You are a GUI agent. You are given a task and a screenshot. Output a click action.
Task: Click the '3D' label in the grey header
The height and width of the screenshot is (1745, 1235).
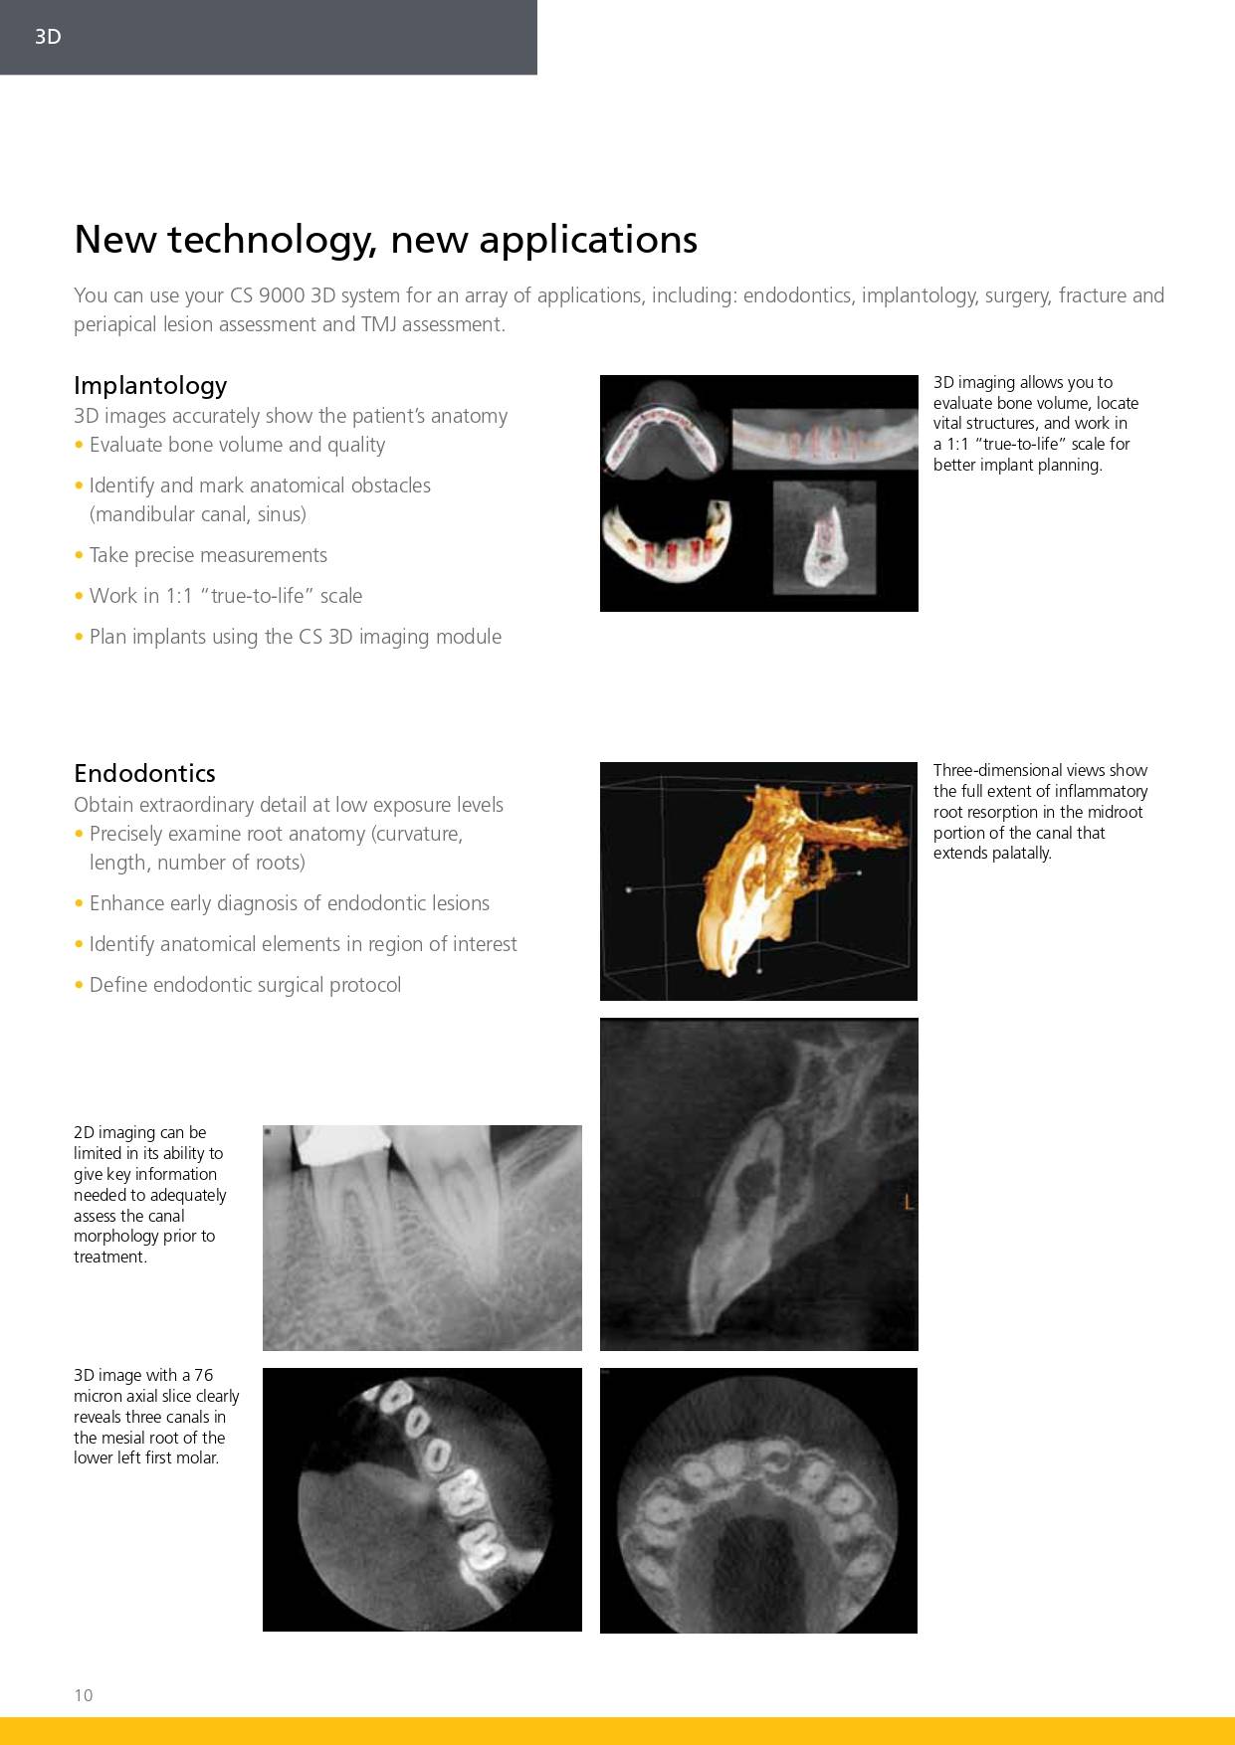[x=48, y=37]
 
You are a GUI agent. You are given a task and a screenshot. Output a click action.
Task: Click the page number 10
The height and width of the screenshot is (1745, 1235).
[x=83, y=1695]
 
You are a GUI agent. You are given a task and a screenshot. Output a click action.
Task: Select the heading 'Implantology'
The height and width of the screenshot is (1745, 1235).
[x=150, y=385]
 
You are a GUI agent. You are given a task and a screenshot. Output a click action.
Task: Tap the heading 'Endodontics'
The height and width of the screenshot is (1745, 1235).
[x=144, y=773]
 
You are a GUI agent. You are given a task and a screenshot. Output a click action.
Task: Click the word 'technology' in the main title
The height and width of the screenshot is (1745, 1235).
[x=268, y=240]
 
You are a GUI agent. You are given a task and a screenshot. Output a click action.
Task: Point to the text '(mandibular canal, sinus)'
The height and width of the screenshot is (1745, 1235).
[x=197, y=514]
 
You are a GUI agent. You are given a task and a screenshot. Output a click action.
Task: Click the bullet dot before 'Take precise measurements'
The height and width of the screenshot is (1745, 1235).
[x=79, y=555]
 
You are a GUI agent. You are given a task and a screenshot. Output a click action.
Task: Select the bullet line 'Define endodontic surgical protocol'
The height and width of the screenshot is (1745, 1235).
[x=245, y=985]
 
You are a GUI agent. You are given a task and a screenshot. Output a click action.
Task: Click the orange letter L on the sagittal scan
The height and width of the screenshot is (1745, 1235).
[x=908, y=1203]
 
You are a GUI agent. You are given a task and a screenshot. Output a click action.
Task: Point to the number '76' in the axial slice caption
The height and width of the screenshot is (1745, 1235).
[x=203, y=1375]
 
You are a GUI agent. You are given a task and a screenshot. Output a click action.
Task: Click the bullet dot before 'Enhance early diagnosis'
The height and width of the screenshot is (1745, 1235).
[x=79, y=903]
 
